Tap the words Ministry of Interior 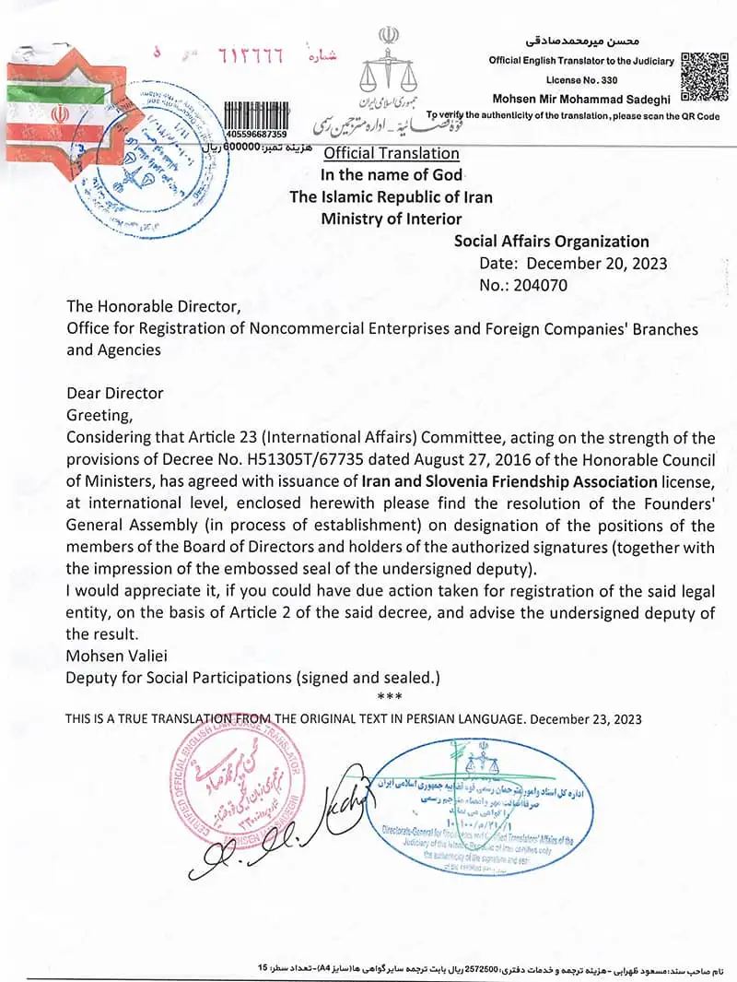click(x=392, y=219)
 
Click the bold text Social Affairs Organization click(x=552, y=242)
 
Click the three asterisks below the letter click(x=390, y=695)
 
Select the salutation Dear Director click(x=114, y=393)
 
